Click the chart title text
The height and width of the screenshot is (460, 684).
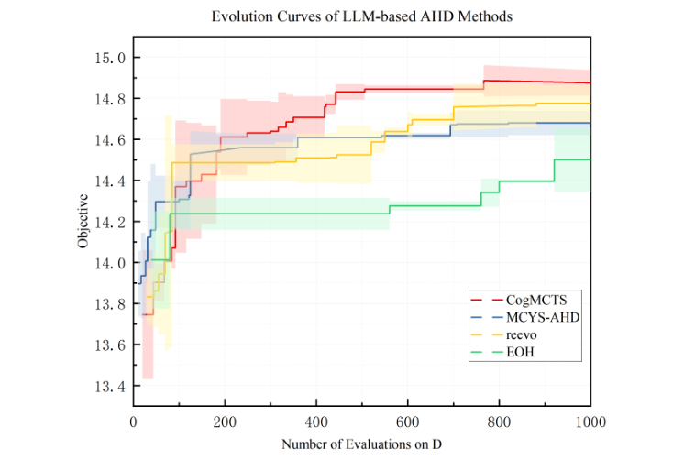tap(360, 16)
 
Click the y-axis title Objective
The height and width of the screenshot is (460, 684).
tap(83, 221)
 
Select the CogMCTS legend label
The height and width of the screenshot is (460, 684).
tap(532, 300)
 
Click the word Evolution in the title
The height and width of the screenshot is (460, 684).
tap(240, 16)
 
